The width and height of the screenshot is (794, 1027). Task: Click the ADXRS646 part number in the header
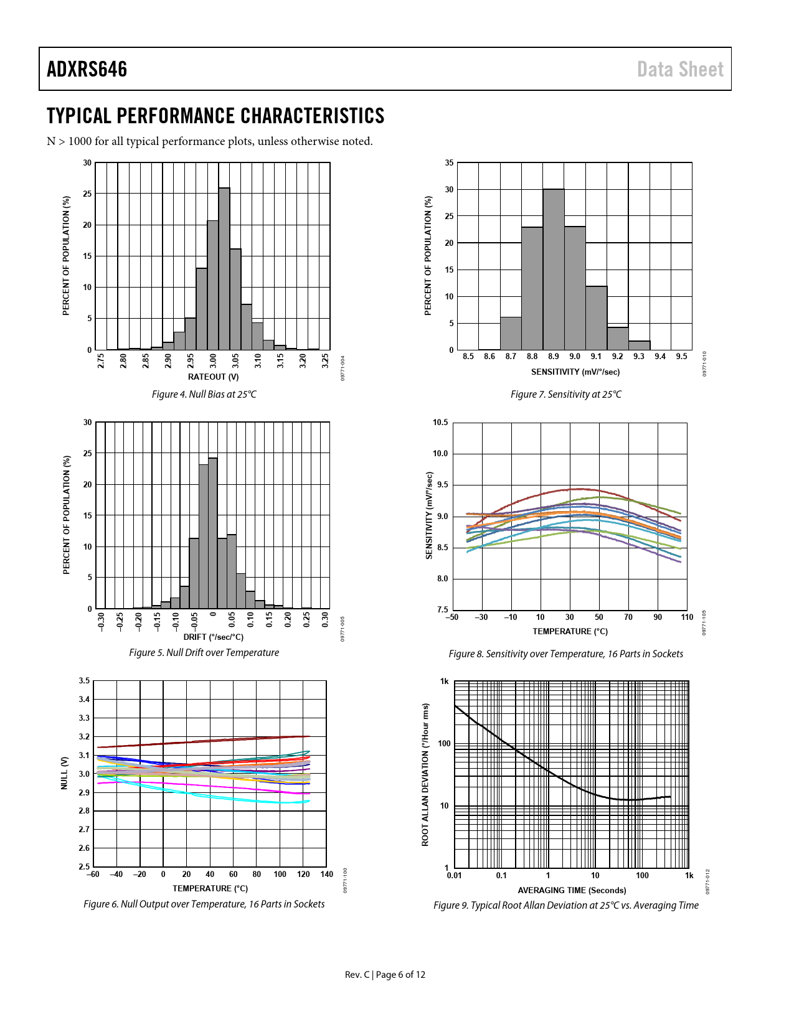pyautogui.click(x=87, y=69)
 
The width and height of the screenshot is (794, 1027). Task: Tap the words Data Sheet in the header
pyautogui.click(x=680, y=69)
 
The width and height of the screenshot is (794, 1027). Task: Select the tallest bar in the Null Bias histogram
pyautogui.click(x=224, y=268)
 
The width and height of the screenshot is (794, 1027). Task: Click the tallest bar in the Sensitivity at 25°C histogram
pyautogui.click(x=554, y=268)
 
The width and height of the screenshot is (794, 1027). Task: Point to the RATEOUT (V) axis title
pyautogui.click(x=213, y=377)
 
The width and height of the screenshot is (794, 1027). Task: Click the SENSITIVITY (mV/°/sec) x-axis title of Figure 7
pyautogui.click(x=575, y=372)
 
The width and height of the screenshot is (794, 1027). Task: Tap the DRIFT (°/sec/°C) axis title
pyautogui.click(x=213, y=637)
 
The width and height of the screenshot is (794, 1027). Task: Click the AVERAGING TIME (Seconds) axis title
pyautogui.click(x=572, y=891)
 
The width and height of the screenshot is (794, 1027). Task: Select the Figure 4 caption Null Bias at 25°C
pyautogui.click(x=204, y=395)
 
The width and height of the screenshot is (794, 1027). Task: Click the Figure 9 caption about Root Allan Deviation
pyautogui.click(x=565, y=906)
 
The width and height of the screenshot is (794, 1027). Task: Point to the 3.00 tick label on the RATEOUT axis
pyautogui.click(x=214, y=361)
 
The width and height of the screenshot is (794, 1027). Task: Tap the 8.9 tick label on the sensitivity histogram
pyautogui.click(x=554, y=357)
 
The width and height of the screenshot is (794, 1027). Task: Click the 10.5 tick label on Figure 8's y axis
pyautogui.click(x=440, y=423)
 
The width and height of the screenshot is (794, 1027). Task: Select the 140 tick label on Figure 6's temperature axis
pyautogui.click(x=327, y=875)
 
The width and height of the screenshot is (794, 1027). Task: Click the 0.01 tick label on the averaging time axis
pyautogui.click(x=455, y=876)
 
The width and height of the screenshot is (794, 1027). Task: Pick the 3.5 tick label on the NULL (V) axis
pyautogui.click(x=84, y=681)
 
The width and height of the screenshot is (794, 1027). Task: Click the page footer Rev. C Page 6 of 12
pyautogui.click(x=385, y=975)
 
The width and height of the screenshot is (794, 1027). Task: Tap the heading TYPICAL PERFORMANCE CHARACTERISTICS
pyautogui.click(x=215, y=116)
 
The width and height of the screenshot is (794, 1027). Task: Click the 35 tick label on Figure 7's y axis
pyautogui.click(x=449, y=163)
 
